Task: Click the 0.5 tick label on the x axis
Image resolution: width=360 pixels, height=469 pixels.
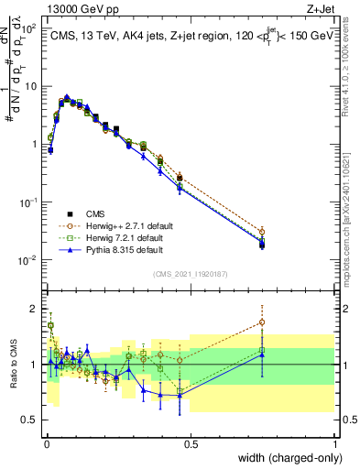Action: pyautogui.click(x=191, y=443)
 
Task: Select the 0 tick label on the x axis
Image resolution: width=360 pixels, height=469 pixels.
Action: pyautogui.click(x=47, y=443)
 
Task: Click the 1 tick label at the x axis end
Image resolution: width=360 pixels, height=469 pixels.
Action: pyautogui.click(x=334, y=443)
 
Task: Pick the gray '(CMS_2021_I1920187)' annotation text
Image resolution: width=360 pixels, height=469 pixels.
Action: pyautogui.click(x=191, y=274)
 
